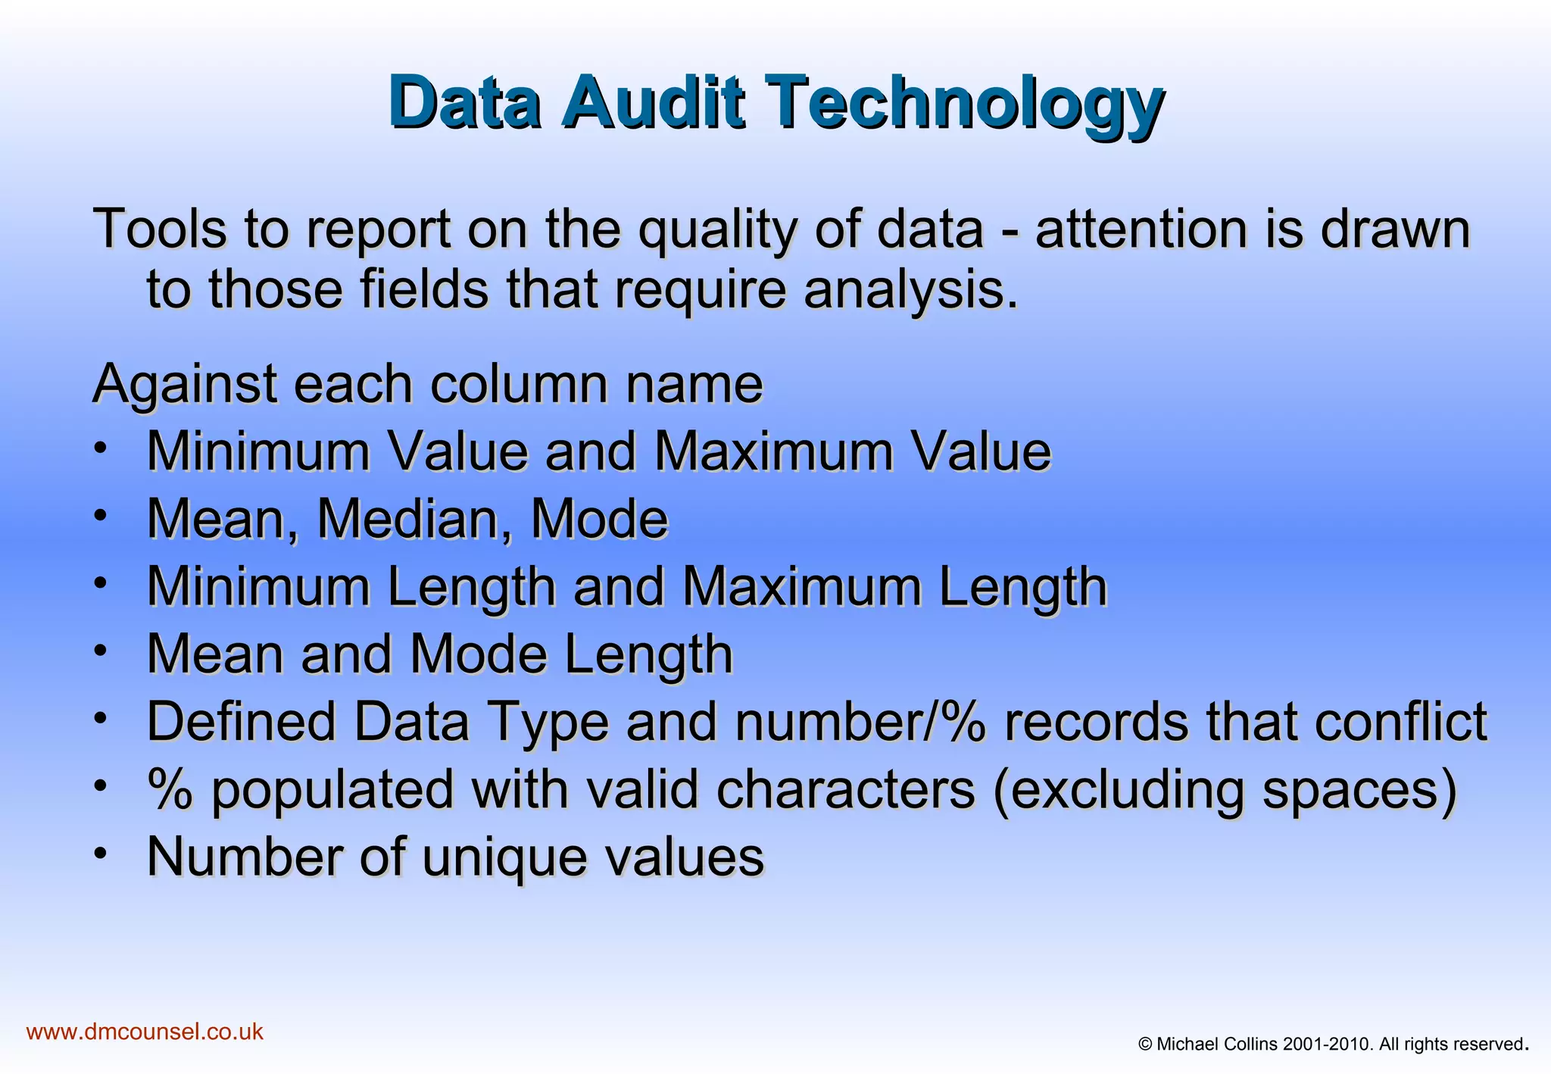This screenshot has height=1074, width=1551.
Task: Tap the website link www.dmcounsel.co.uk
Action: click(145, 1032)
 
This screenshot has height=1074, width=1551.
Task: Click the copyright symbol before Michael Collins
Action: click(1145, 1044)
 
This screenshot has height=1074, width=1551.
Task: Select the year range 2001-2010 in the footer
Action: click(1328, 1044)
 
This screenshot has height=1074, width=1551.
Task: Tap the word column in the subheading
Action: click(519, 384)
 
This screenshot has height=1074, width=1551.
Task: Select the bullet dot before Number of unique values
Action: click(101, 853)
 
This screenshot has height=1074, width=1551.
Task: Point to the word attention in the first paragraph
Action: click(1141, 229)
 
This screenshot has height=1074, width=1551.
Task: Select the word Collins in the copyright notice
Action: click(1250, 1044)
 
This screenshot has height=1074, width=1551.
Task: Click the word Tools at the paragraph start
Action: click(160, 229)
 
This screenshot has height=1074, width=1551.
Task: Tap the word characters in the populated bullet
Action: click(846, 789)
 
